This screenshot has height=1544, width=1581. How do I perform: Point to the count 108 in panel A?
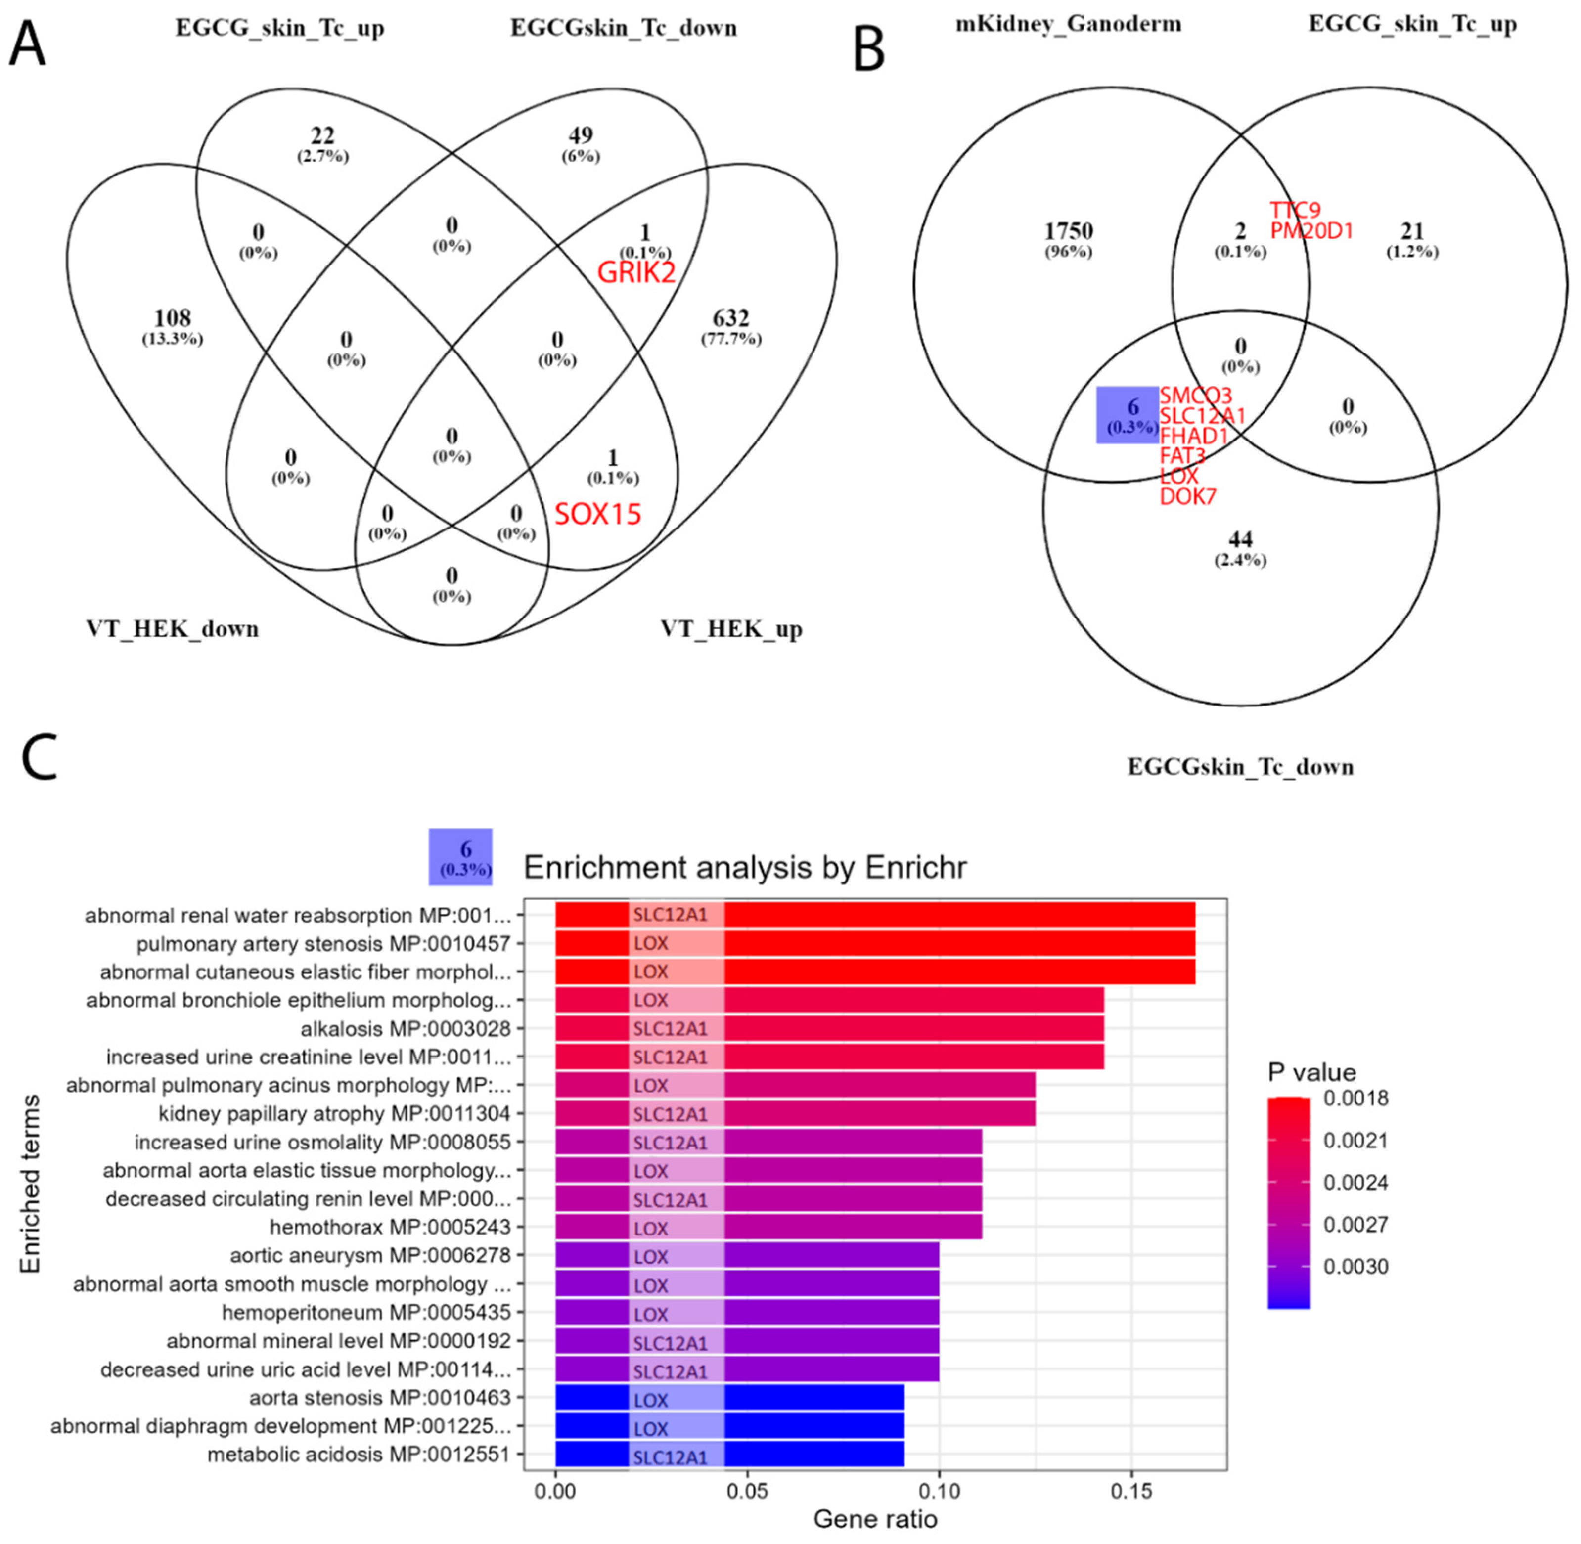pyautogui.click(x=172, y=318)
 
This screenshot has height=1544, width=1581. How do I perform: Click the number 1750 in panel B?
pyautogui.click(x=1068, y=231)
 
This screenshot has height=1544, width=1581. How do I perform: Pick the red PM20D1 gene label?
pyautogui.click(x=1311, y=231)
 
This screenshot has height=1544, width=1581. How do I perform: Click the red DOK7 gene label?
pyautogui.click(x=1187, y=496)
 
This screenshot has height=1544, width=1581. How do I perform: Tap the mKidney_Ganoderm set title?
pyautogui.click(x=1068, y=24)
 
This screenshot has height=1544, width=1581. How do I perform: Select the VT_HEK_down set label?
pyautogui.click(x=172, y=629)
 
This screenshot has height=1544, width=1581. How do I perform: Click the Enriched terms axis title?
pyautogui.click(x=30, y=1184)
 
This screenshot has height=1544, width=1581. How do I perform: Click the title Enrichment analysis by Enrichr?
pyautogui.click(x=745, y=868)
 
